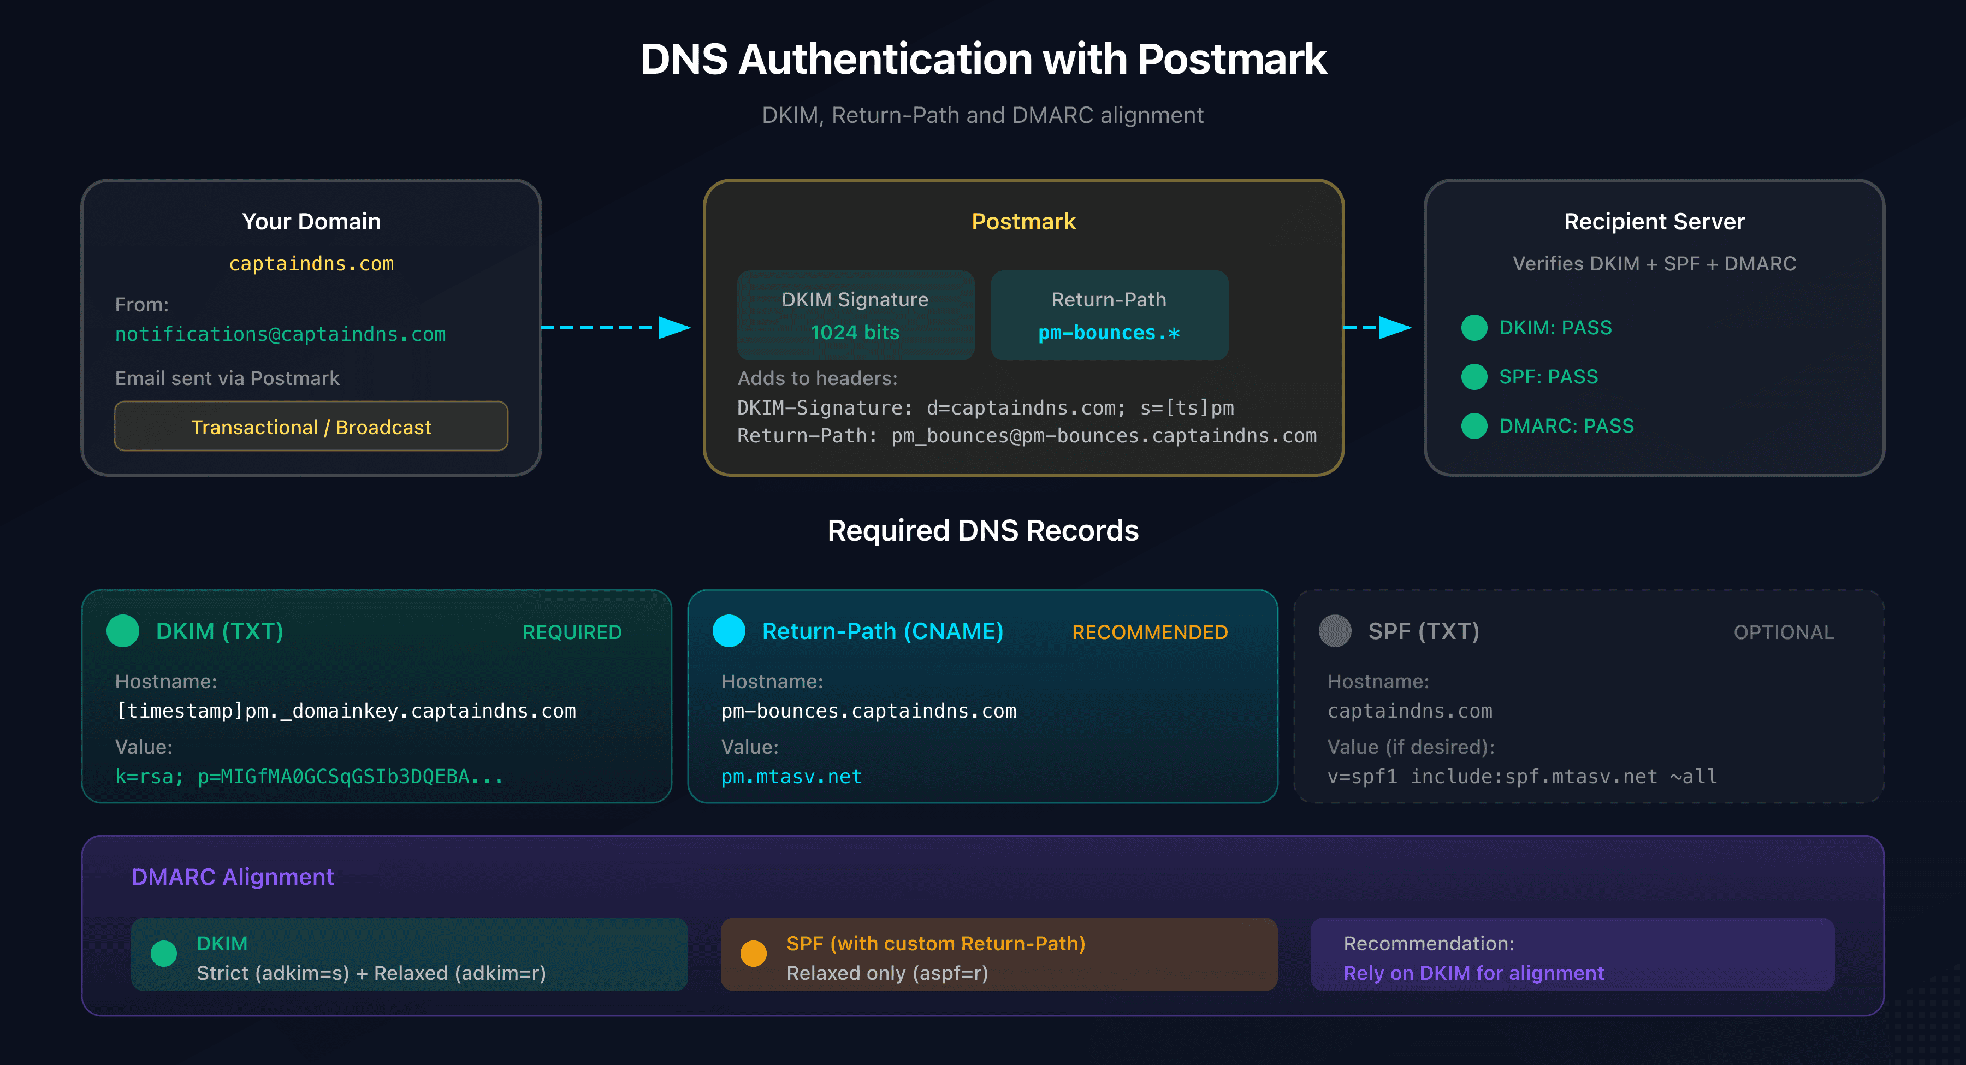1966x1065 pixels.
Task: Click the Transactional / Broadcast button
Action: click(311, 426)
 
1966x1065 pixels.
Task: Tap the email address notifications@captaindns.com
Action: click(280, 334)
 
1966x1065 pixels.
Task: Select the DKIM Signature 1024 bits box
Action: click(855, 315)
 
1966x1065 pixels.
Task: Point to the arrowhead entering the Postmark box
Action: click(674, 328)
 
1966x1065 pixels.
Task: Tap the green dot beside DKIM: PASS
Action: click(1474, 328)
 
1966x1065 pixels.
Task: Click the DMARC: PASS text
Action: click(1566, 425)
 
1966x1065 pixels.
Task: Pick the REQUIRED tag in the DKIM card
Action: click(572, 632)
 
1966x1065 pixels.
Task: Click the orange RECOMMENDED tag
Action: click(1150, 632)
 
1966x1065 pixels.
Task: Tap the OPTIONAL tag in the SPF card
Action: click(1783, 632)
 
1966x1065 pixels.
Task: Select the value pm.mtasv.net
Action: click(791, 777)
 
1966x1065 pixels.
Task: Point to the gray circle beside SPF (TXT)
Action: click(1335, 631)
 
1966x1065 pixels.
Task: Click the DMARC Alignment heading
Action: click(233, 877)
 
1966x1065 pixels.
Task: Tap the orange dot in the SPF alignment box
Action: click(753, 954)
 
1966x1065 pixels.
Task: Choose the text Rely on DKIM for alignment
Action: click(1473, 973)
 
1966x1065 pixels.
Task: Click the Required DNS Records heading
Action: click(982, 531)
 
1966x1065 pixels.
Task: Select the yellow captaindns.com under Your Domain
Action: click(311, 263)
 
